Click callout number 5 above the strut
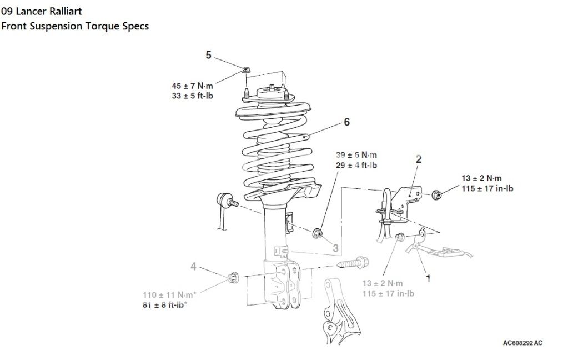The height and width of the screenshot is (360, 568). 209,54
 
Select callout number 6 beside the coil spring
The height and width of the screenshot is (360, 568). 346,122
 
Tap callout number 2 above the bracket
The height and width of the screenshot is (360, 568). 419,159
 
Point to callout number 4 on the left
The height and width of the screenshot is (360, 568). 193,267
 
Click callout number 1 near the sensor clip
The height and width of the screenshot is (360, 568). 428,276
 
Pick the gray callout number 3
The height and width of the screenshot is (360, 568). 335,248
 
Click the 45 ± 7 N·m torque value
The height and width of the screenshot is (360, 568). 193,86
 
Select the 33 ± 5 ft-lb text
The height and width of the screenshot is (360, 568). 193,96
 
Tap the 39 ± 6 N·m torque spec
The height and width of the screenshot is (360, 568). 356,155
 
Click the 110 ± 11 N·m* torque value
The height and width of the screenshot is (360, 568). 172,295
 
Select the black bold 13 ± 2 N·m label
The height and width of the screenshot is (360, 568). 481,178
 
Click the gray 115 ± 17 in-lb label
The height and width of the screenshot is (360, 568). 388,293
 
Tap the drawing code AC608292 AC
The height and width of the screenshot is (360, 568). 522,343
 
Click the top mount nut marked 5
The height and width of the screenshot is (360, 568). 245,69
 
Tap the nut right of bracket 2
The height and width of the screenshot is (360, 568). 436,194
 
